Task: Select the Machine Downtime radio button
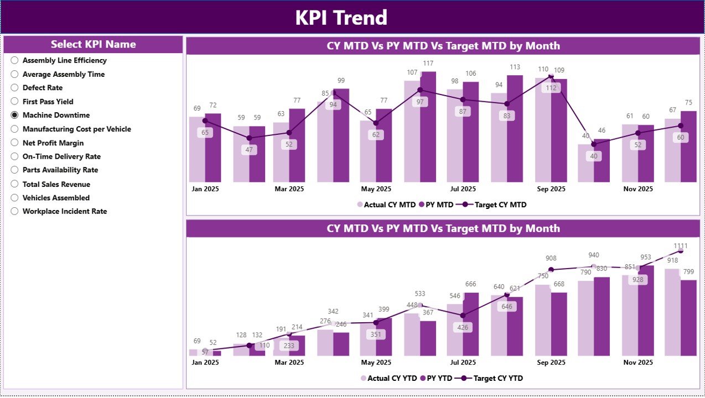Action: click(x=15, y=115)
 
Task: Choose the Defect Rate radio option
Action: click(x=15, y=88)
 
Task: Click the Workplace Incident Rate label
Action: click(x=64, y=211)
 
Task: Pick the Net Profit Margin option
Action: click(x=15, y=143)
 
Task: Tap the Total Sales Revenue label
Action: click(x=56, y=184)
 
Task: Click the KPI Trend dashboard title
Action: click(x=341, y=18)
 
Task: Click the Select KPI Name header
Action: click(x=93, y=44)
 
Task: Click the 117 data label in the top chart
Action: click(x=428, y=64)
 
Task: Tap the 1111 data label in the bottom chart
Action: click(x=681, y=245)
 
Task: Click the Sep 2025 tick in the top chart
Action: click(x=551, y=188)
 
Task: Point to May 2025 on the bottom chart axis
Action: click(x=375, y=362)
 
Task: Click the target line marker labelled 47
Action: click(x=249, y=138)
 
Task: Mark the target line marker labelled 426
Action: click(x=463, y=316)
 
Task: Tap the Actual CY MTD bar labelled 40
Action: click(x=585, y=163)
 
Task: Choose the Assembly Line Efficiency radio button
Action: click(x=15, y=60)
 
